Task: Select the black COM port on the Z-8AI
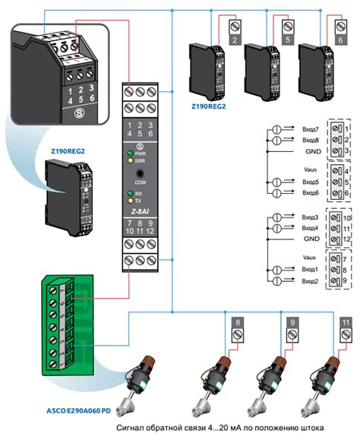coord(140,174)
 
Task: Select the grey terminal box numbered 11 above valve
coord(346,328)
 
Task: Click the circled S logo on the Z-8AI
coord(140,144)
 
